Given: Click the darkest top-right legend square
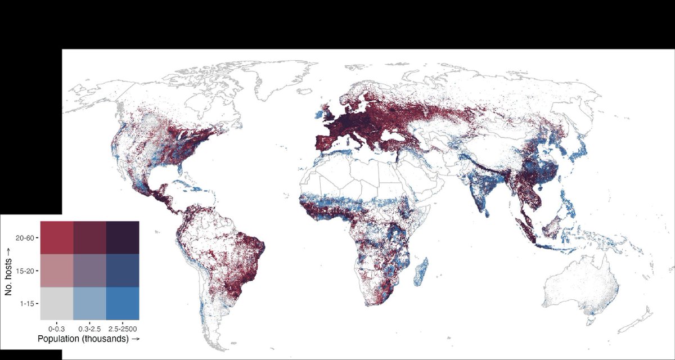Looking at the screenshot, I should (x=123, y=238).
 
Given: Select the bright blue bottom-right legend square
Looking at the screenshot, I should (x=123, y=303).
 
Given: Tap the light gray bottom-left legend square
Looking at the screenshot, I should (x=57, y=303).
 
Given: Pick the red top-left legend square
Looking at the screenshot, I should (x=57, y=238).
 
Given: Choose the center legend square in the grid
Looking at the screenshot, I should (x=89, y=271).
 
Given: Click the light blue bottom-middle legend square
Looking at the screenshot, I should (x=89, y=303).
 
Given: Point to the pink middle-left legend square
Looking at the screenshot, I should (x=57, y=271).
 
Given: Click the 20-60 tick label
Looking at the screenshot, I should (x=26, y=238).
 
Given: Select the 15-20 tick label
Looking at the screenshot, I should (x=26, y=271).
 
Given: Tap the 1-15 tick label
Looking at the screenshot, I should (x=27, y=304).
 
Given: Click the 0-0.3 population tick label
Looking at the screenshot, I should (x=57, y=328).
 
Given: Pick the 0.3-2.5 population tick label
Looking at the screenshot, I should (x=89, y=328).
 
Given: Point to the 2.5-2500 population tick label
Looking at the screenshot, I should (x=123, y=328).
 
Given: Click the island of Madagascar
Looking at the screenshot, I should (x=421, y=272).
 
